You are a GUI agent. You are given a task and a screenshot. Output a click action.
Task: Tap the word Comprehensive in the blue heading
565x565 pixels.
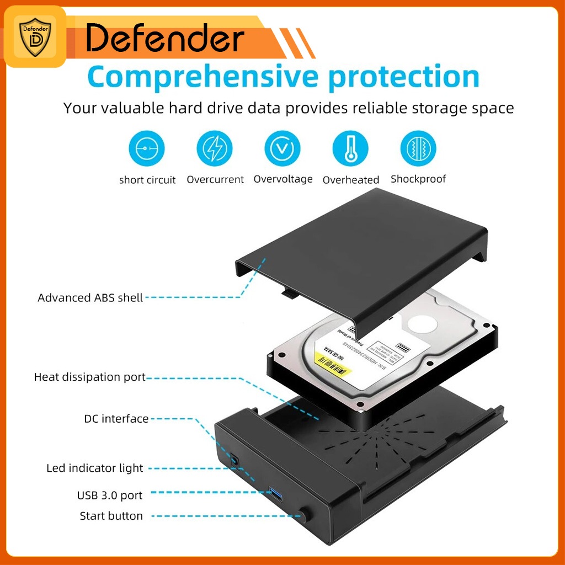click(202, 77)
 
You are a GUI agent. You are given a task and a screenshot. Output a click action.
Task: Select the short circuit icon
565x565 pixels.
click(147, 148)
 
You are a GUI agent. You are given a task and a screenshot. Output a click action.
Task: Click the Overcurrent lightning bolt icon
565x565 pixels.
click(215, 148)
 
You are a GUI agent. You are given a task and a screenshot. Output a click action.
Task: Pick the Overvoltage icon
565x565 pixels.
click(282, 148)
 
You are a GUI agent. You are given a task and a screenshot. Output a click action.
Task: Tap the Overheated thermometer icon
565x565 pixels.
click(350, 148)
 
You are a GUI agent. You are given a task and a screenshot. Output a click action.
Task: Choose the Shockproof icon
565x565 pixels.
click(418, 148)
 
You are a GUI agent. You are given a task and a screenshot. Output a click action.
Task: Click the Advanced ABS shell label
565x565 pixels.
click(90, 298)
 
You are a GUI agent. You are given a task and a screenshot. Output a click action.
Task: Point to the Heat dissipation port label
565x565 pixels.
click(90, 377)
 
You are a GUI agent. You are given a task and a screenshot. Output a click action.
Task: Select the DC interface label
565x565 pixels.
click(116, 419)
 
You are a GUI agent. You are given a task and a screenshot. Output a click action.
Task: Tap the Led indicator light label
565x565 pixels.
click(94, 468)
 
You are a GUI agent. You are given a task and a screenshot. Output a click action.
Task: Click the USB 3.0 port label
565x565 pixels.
click(109, 495)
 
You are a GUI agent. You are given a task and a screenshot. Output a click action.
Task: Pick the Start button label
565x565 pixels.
click(111, 516)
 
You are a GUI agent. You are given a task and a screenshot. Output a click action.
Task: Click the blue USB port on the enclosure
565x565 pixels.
click(275, 491)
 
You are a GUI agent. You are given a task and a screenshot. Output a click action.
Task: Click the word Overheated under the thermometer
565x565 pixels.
click(351, 180)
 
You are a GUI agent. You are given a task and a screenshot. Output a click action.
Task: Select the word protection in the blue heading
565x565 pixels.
click(403, 77)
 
